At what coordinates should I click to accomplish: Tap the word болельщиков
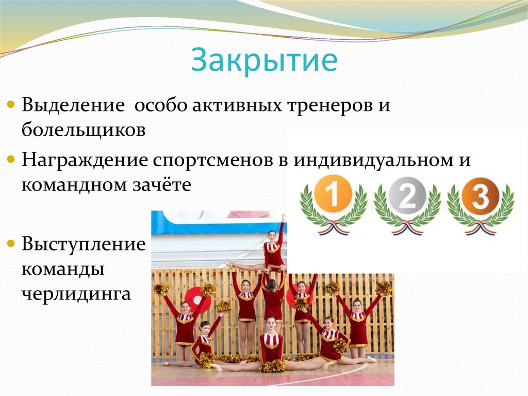[83, 130]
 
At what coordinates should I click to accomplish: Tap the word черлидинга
[76, 294]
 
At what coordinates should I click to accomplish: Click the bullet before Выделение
[11, 105]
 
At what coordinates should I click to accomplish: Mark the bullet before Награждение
[11, 160]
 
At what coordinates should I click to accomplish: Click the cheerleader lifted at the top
[273, 248]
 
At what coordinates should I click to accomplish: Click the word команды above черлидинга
[63, 269]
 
